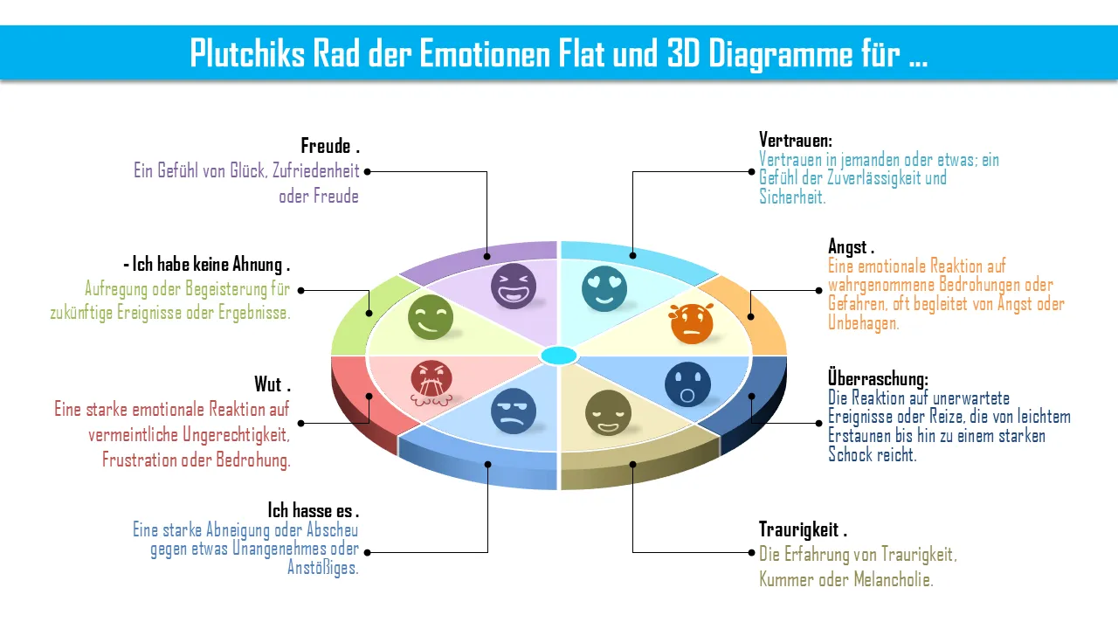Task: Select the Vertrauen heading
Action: pyautogui.click(x=795, y=140)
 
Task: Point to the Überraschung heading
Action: pyautogui.click(x=878, y=379)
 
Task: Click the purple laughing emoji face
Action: pyautogui.click(x=513, y=286)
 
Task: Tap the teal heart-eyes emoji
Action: pyautogui.click(x=604, y=288)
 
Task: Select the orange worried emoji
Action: pyautogui.click(x=692, y=323)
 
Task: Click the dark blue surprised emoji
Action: pyautogui.click(x=687, y=384)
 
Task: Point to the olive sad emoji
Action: pyautogui.click(x=607, y=412)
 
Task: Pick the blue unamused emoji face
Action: pyautogui.click(x=514, y=411)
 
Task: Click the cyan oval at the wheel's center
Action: pyautogui.click(x=559, y=356)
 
